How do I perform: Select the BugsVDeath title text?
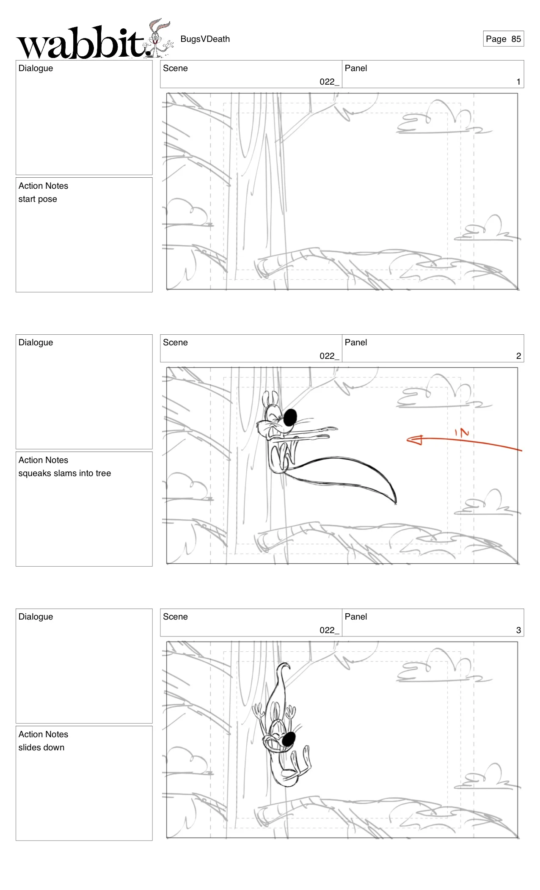(205, 39)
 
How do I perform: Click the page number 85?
(515, 39)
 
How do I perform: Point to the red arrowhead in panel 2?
(415, 440)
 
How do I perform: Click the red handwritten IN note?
(462, 433)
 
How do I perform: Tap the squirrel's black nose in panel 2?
(290, 417)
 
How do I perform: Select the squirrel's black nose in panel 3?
(289, 739)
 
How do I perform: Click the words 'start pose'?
(38, 199)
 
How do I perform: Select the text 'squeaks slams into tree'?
(64, 473)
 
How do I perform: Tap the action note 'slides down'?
(41, 747)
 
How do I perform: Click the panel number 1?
(518, 82)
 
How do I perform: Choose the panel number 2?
(518, 356)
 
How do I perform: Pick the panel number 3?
(518, 630)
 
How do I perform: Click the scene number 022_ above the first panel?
(329, 82)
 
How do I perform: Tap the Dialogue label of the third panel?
(36, 617)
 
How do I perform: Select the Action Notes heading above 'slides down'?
(43, 734)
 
